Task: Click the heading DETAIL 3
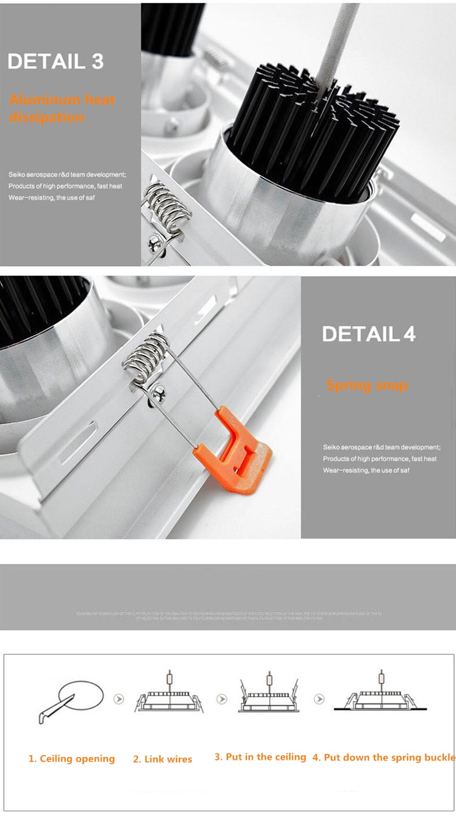pos(55,62)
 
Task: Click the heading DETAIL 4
pos(368,334)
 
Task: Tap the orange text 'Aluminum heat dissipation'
pos(62,108)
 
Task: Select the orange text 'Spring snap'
pos(367,385)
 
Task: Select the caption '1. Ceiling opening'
pos(72,759)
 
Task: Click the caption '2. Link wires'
pos(162,759)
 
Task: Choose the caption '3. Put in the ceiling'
pos(260,757)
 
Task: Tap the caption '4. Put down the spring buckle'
pos(383,758)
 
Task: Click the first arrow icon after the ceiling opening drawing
pos(119,699)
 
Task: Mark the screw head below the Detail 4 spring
pos(155,394)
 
